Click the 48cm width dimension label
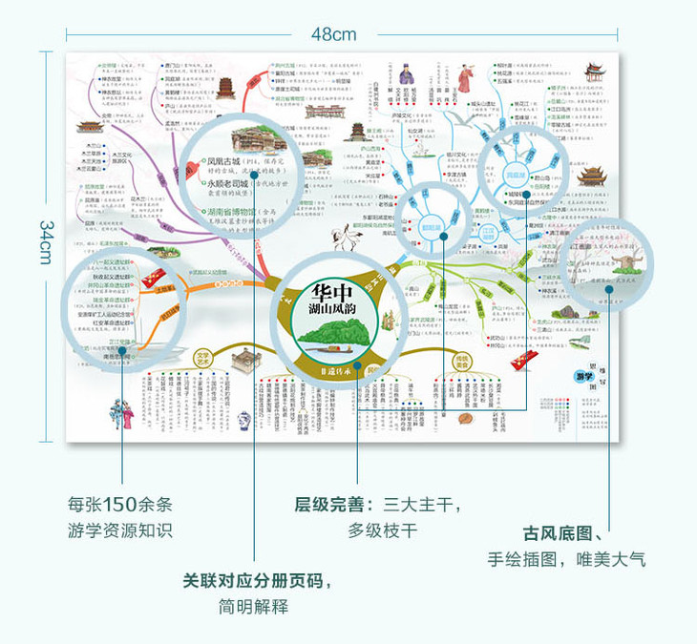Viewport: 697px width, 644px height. (x=333, y=33)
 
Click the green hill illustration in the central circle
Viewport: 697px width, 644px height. (x=333, y=335)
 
